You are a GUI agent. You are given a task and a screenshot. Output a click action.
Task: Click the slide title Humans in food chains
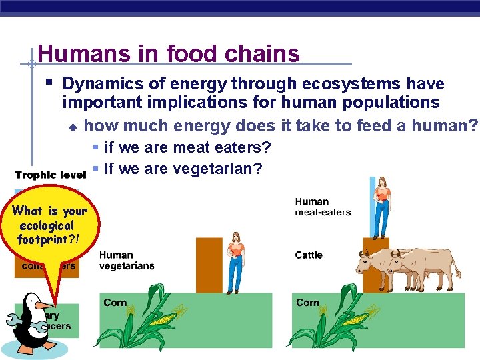169,54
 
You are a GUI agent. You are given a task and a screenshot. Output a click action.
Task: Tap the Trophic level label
51,175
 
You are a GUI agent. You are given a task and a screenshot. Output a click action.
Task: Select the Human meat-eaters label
323,207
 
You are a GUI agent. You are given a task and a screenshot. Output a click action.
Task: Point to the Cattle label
309,255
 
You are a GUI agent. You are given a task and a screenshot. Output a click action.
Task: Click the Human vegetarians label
127,260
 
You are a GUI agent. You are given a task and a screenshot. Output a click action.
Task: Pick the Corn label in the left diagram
115,303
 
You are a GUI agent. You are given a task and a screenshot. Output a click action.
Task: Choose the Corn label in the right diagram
307,303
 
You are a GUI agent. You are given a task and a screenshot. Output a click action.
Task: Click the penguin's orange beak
45,305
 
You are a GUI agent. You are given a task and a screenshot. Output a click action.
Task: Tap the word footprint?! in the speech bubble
48,239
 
